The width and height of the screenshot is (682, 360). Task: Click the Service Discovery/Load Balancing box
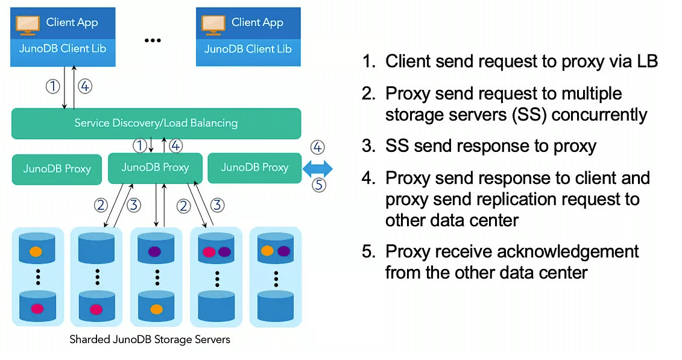point(156,123)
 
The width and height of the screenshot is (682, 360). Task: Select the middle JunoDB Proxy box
point(155,168)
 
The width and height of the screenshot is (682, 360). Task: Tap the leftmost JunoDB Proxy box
point(57,169)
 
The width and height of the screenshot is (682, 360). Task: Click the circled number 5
point(318,185)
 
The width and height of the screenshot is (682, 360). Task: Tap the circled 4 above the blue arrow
point(317,147)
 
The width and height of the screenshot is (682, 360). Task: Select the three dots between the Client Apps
point(153,40)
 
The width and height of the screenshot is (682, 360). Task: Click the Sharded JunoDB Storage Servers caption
point(150,339)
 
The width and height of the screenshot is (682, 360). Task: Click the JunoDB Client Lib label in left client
point(62,49)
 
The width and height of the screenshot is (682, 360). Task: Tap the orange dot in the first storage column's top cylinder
point(36,250)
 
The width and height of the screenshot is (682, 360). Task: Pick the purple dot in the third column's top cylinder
point(156,251)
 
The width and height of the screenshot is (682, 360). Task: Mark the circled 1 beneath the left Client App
point(53,86)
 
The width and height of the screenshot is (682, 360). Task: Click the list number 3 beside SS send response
point(368,146)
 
